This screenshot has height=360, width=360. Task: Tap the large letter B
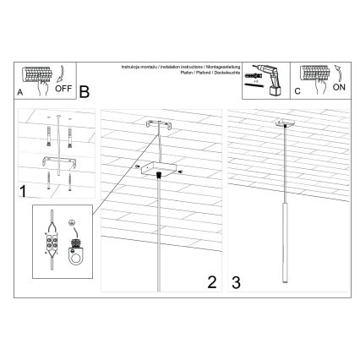coord(85,90)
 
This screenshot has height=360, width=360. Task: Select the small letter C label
coord(297,93)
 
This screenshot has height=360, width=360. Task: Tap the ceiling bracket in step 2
coord(159,125)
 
